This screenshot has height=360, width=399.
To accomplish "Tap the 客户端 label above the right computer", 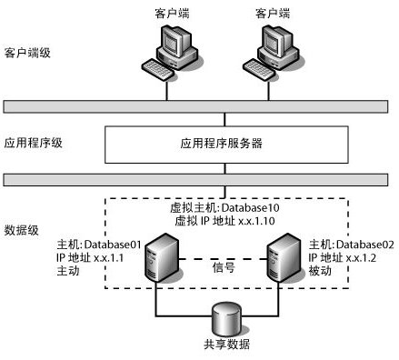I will [x=273, y=13].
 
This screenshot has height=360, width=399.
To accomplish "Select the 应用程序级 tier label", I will [x=33, y=143].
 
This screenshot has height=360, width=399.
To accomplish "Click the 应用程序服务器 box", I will [x=227, y=144].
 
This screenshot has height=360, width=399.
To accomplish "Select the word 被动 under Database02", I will [x=323, y=273].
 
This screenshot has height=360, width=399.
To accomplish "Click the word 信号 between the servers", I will [x=224, y=267].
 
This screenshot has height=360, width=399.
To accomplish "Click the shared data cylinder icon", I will [x=226, y=319].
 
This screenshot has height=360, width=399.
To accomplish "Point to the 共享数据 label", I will [x=226, y=345].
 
